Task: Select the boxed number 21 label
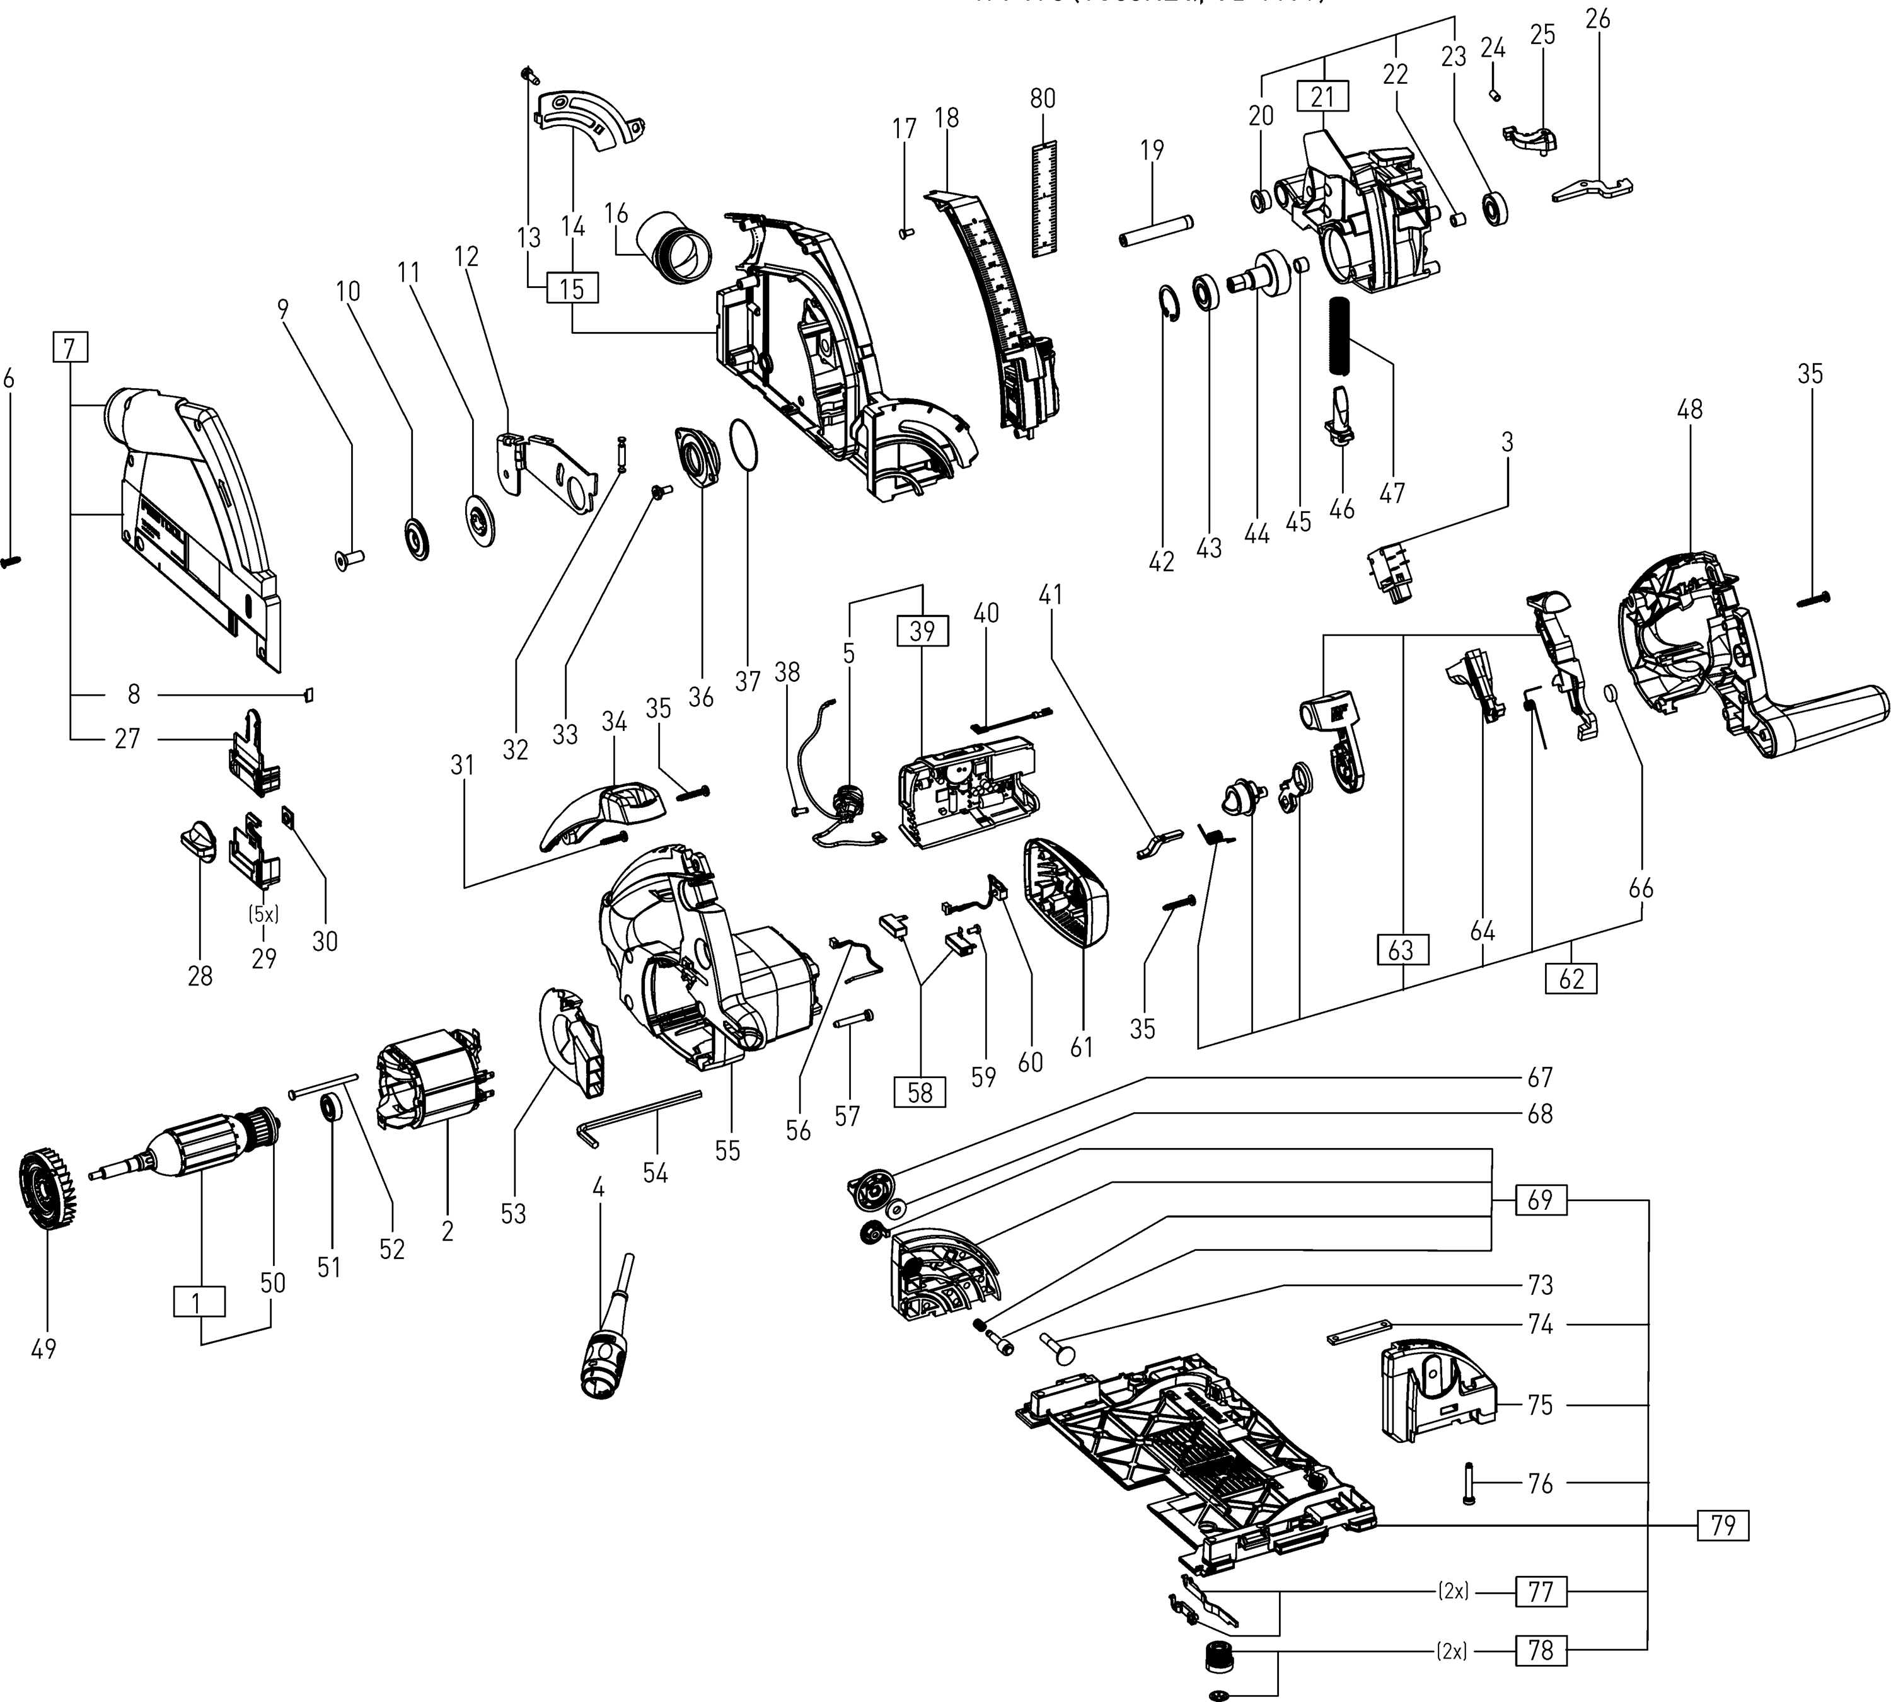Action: (1322, 96)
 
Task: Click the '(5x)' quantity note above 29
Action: (263, 914)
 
